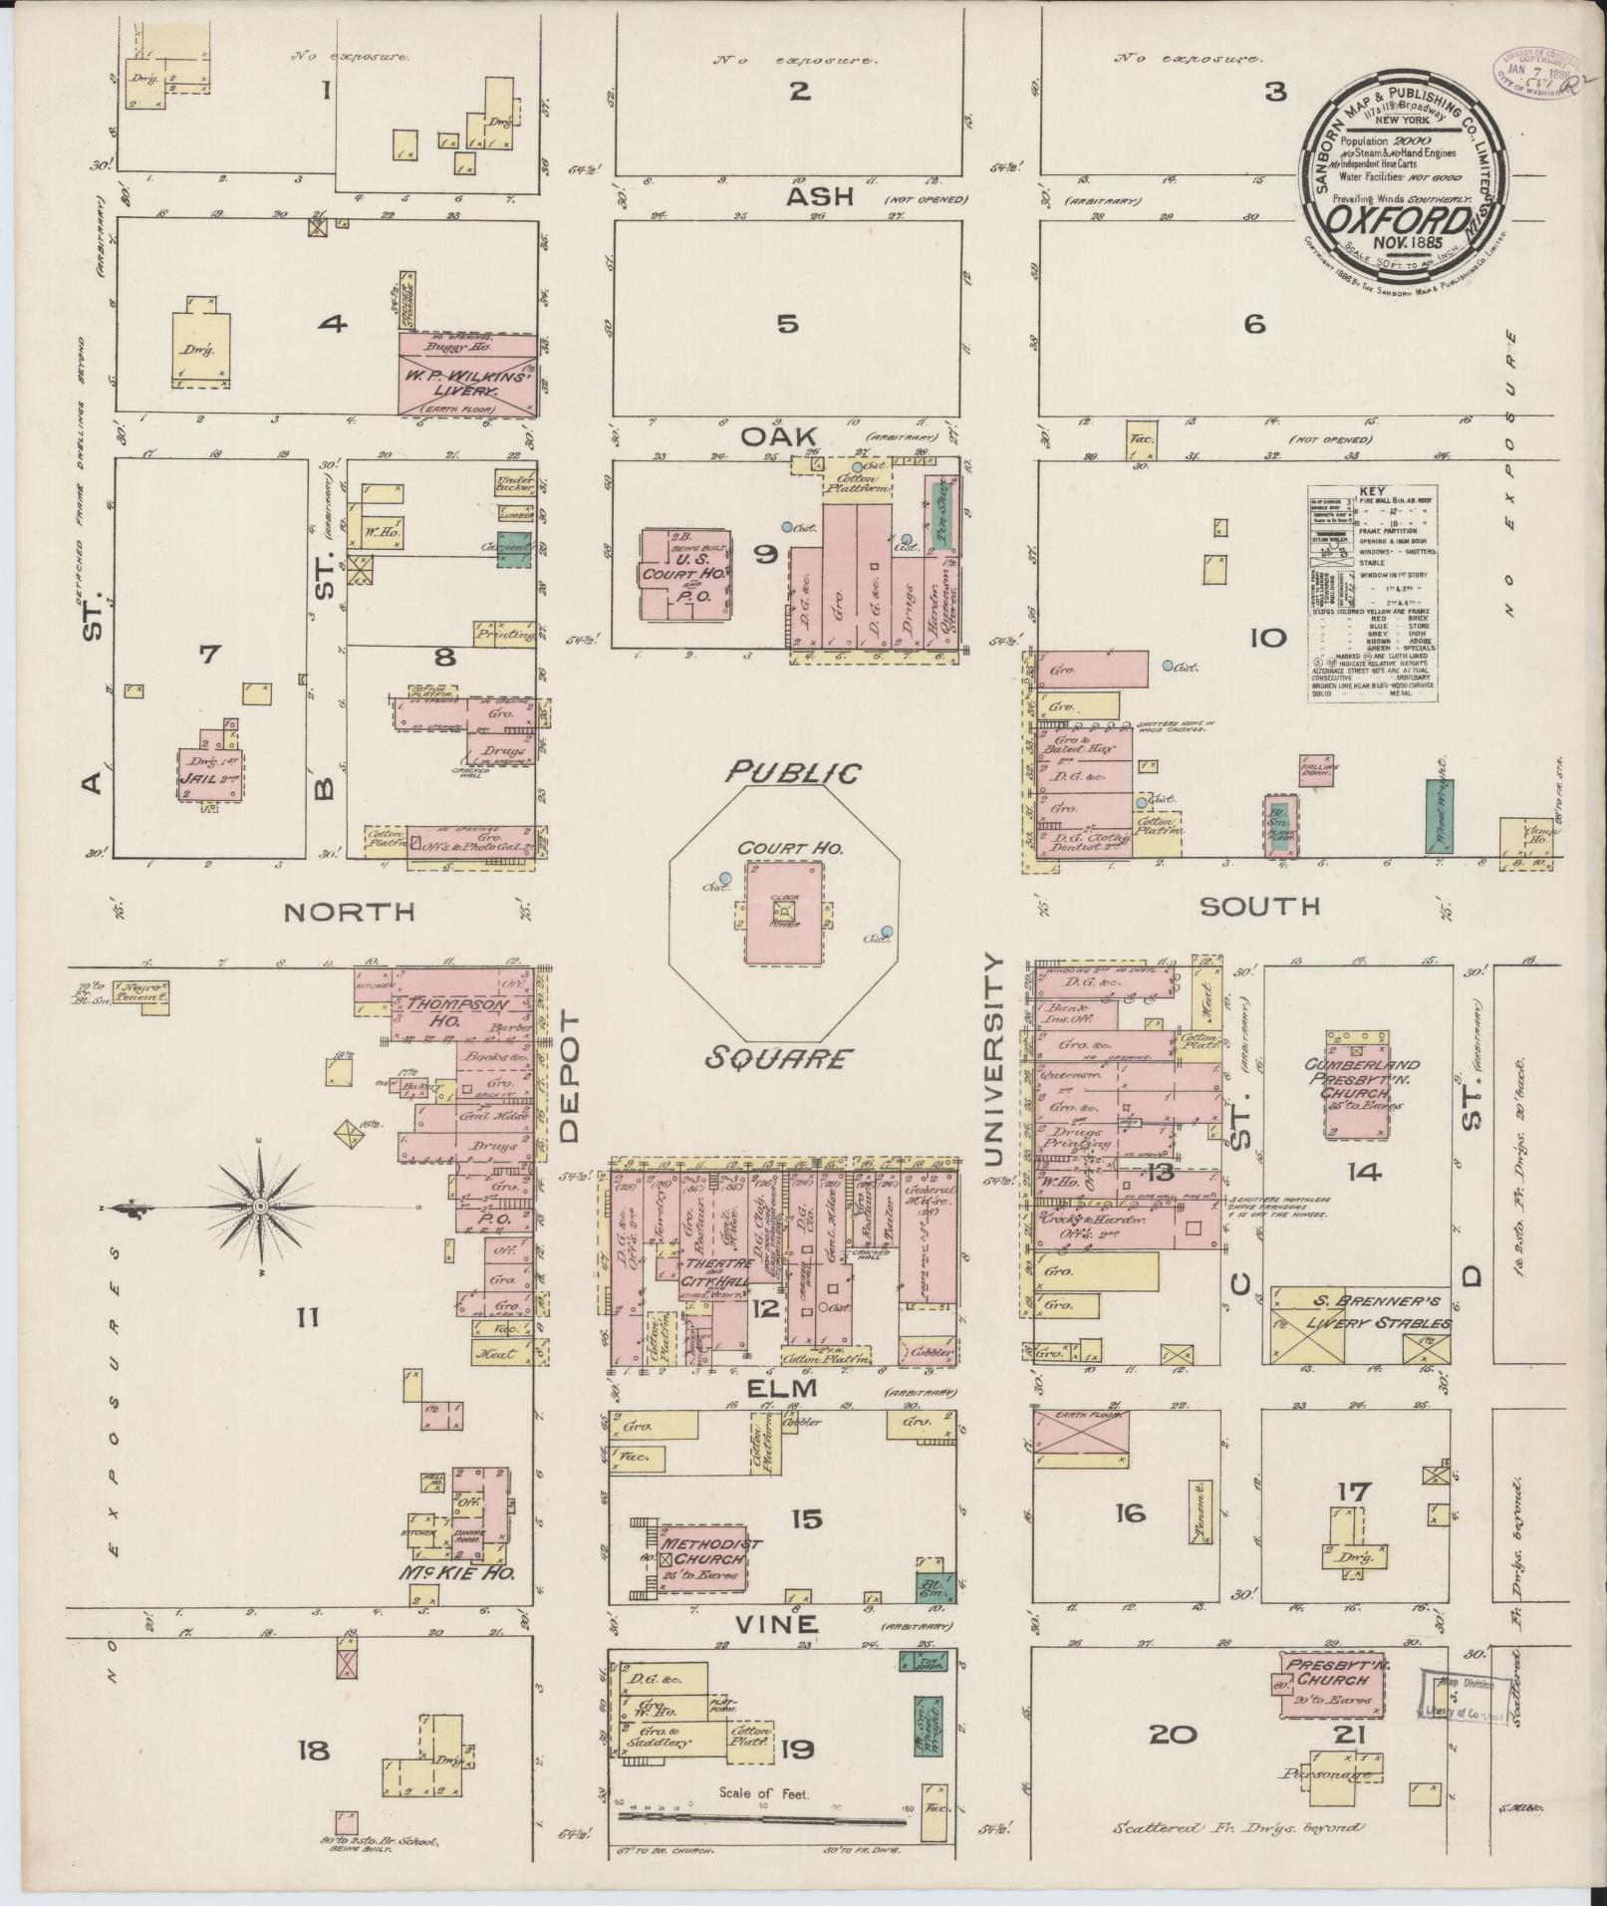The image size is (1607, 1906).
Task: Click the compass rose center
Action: click(x=260, y=1207)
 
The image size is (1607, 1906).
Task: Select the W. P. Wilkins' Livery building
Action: click(x=468, y=376)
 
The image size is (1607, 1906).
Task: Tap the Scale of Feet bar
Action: click(x=762, y=1818)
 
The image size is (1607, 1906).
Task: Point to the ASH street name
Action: click(x=820, y=197)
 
